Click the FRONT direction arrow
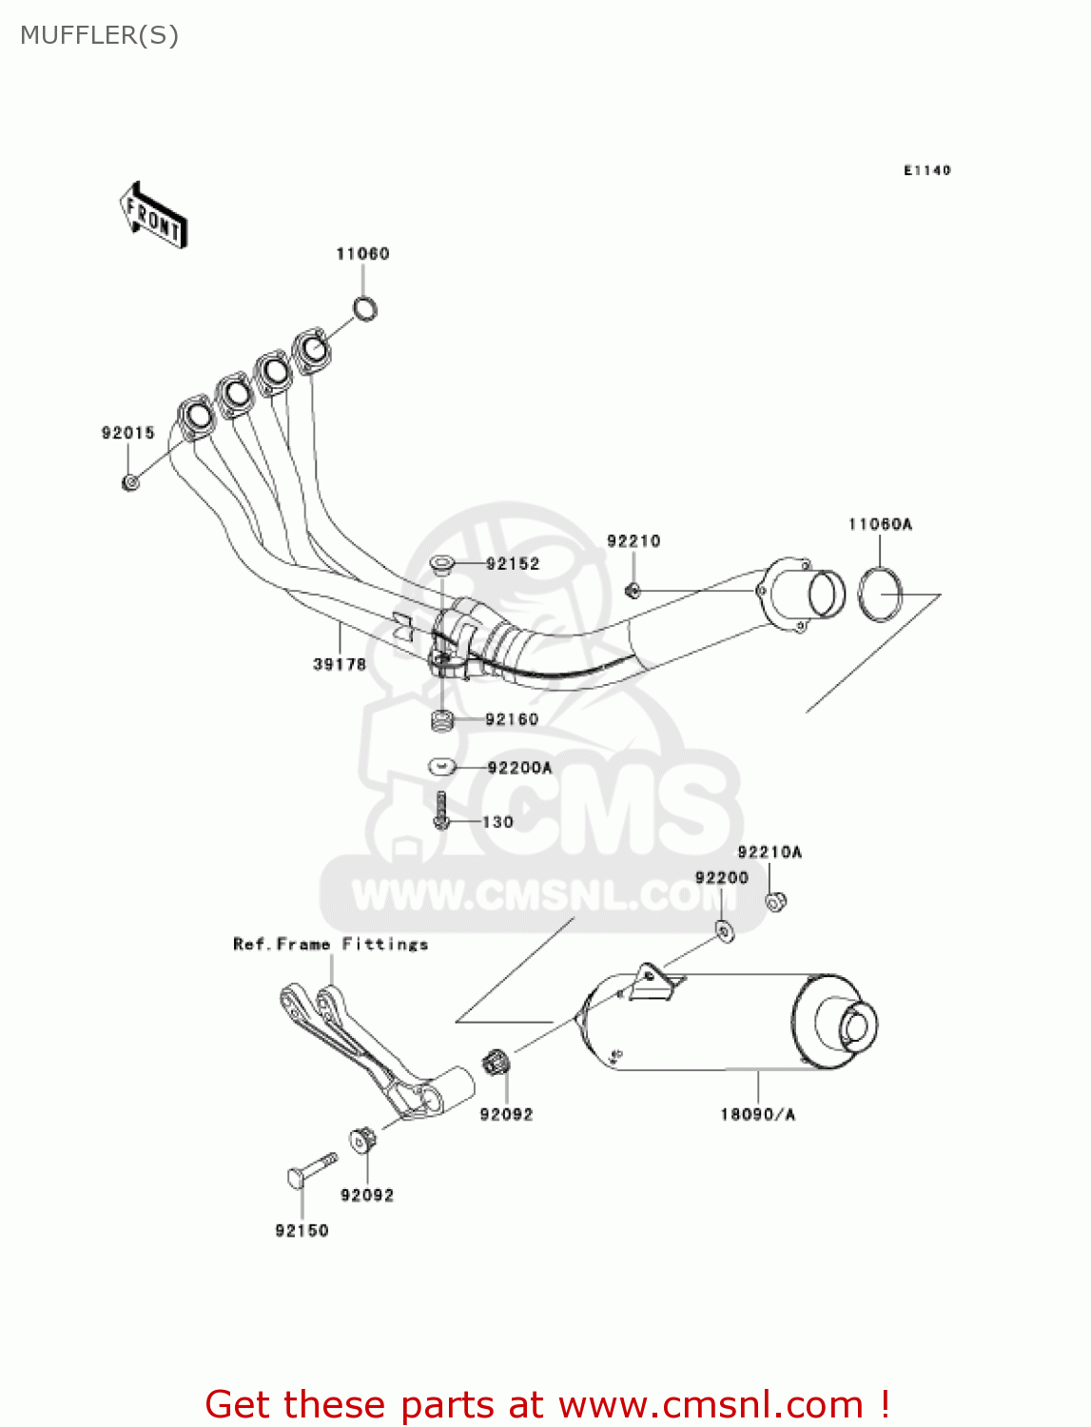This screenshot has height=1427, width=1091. point(152,215)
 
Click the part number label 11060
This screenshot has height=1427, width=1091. point(362,254)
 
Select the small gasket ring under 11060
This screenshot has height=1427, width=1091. point(364,308)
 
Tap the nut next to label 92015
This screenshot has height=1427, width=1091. point(130,483)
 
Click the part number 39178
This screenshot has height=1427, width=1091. point(339,664)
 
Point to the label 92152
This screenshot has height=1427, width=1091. point(513,564)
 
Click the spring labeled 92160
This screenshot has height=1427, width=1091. point(440,720)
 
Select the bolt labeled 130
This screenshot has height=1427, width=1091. point(440,811)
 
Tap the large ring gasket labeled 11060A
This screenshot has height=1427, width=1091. point(880,594)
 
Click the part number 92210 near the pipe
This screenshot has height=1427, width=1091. point(633,541)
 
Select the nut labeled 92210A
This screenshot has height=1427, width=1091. point(776,900)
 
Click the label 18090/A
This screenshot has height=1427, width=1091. point(757,1114)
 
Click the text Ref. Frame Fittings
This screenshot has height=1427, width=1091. point(330,944)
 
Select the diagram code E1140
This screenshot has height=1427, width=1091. point(926,170)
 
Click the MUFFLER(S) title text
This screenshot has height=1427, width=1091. point(99,35)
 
